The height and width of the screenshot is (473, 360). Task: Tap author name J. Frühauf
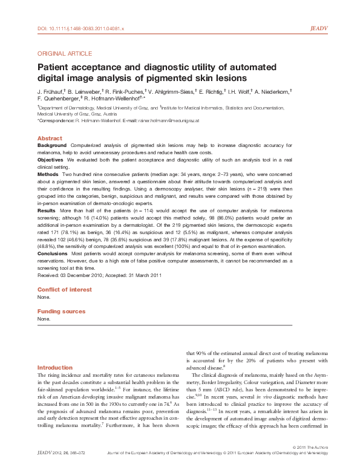pyautogui.click(x=53, y=91)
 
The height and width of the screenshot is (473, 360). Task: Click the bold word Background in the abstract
pyautogui.click(x=52, y=146)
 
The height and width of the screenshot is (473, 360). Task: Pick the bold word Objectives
pyautogui.click(x=51, y=166)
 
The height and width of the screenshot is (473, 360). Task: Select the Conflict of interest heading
pyautogui.click(x=65, y=290)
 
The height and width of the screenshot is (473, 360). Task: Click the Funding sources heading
pyautogui.click(x=61, y=311)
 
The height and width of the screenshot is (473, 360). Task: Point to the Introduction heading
pyautogui.click(x=54, y=368)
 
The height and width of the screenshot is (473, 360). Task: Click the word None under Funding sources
pyautogui.click(x=44, y=318)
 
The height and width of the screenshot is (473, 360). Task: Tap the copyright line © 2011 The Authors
pyautogui.click(x=309, y=463)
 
